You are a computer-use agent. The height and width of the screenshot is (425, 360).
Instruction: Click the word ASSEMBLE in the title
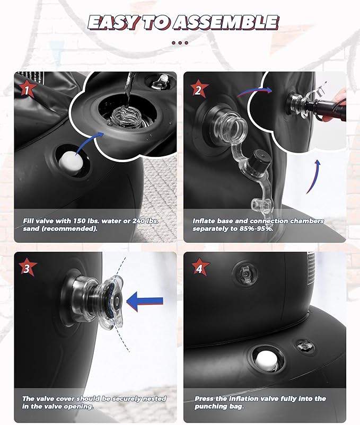(226, 22)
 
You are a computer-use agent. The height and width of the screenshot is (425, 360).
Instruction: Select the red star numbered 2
(199, 89)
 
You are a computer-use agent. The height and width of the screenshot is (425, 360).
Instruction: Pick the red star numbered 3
(27, 268)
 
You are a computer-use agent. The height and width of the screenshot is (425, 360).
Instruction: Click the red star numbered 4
(199, 268)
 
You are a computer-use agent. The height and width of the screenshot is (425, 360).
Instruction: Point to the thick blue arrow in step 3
(145, 302)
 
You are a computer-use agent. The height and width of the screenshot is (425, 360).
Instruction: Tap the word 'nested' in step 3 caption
(154, 399)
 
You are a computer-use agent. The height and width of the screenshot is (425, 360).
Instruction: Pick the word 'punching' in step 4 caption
(210, 406)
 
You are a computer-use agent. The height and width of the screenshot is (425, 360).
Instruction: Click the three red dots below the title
(180, 42)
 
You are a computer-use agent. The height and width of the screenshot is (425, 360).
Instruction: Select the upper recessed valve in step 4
(245, 273)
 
